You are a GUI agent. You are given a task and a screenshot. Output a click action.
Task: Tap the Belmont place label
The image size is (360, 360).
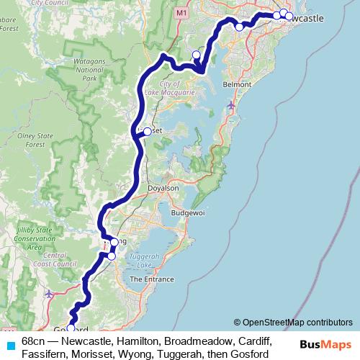(x=237, y=84)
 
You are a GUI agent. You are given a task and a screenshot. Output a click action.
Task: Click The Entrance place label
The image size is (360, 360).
(x=151, y=279)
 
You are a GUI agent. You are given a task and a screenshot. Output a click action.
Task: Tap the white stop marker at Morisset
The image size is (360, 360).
(x=148, y=131)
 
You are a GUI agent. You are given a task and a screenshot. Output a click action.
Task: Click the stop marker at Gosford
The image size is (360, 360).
(x=71, y=329)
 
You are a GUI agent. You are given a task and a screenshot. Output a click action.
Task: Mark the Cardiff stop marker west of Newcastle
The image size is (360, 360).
(x=240, y=27)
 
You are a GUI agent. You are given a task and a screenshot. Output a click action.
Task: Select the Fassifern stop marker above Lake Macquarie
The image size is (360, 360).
(x=196, y=55)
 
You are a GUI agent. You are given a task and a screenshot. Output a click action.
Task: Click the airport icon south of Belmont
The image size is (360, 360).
(x=230, y=106)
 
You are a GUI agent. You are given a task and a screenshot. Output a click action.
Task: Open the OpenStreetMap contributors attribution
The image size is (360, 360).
(x=297, y=322)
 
